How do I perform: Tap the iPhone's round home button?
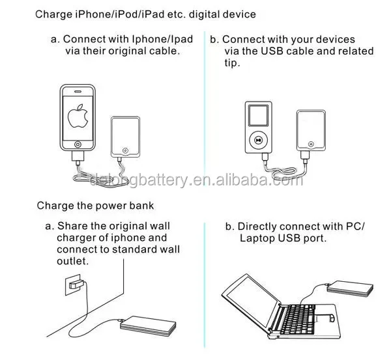(x=78, y=144)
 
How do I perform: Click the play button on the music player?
(x=259, y=139)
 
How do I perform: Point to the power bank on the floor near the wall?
(x=147, y=325)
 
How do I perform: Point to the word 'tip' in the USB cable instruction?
(x=231, y=63)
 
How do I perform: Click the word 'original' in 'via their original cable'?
(x=134, y=51)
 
